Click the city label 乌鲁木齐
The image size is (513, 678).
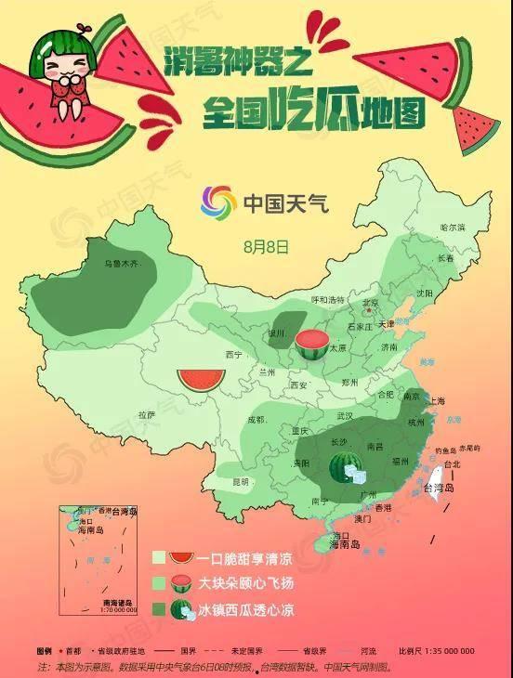point(122,265)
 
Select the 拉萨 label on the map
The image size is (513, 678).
point(147,414)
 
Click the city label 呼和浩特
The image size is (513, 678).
point(327,300)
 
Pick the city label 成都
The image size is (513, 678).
point(256,420)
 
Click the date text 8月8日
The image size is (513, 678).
point(266,247)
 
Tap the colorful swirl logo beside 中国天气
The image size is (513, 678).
point(218,202)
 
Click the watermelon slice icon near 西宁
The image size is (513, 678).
point(201,379)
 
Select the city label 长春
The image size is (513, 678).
point(446,258)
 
